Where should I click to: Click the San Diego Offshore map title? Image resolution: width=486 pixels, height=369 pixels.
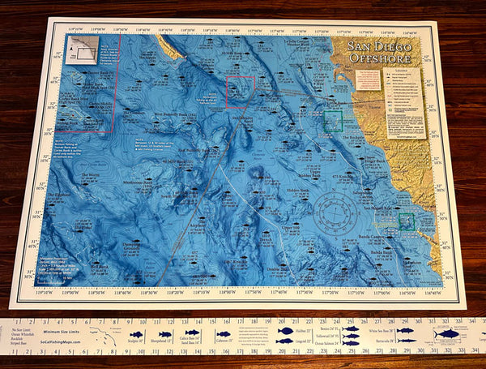[x=379, y=53]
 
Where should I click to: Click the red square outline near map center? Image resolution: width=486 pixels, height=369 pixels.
[x=241, y=92]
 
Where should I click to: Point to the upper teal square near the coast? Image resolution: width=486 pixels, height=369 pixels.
[x=333, y=122]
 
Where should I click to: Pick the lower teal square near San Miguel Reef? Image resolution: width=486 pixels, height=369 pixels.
[x=406, y=221]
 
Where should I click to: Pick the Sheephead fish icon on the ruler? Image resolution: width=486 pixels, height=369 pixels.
[x=165, y=334]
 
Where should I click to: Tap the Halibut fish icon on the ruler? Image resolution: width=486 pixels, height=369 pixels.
[x=285, y=331]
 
